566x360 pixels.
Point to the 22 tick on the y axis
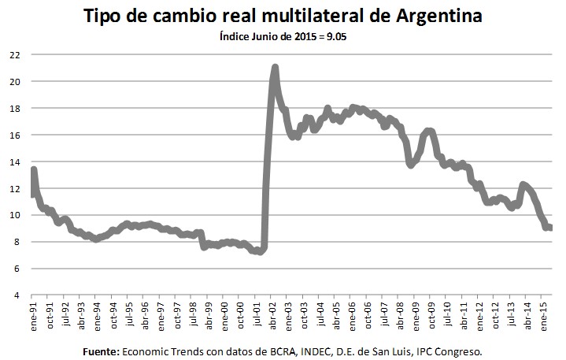(15, 55)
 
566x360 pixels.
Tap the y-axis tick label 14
(15, 161)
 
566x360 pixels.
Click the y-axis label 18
(15, 109)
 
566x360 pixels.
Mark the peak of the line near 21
(275, 68)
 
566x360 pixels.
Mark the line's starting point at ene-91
(33, 170)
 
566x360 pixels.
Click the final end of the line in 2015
(549, 228)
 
